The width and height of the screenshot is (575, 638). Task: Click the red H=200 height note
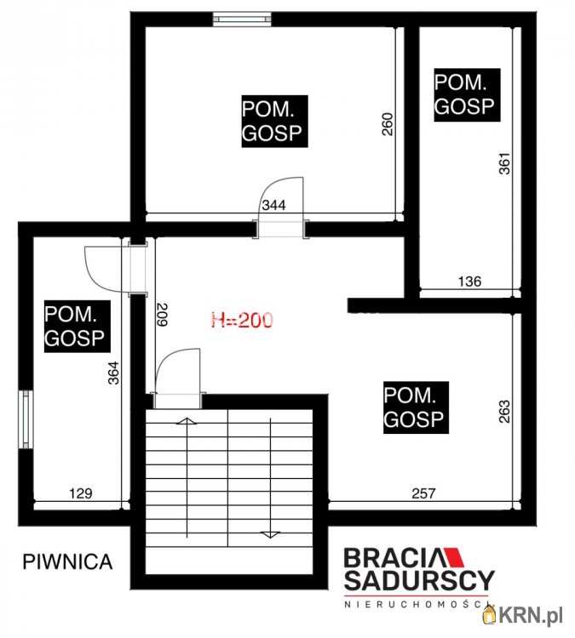pyautogui.click(x=242, y=320)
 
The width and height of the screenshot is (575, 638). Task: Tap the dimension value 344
pyautogui.click(x=273, y=205)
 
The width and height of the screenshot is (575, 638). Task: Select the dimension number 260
pyautogui.click(x=388, y=123)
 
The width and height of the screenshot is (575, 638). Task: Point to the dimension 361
pyautogui.click(x=504, y=163)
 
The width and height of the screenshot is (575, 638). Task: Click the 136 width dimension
pyautogui.click(x=469, y=282)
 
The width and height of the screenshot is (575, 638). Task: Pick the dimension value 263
pyautogui.click(x=504, y=412)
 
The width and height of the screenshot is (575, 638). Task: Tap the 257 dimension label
pyautogui.click(x=423, y=493)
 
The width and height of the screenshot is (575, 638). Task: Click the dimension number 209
pyautogui.click(x=162, y=314)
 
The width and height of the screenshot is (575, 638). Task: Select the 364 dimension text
pyautogui.click(x=113, y=373)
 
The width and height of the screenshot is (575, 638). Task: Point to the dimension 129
pyautogui.click(x=81, y=493)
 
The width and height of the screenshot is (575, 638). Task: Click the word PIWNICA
pyautogui.click(x=67, y=561)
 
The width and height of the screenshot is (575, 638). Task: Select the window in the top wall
pyautogui.click(x=242, y=19)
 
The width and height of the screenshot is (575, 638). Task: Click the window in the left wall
pyautogui.click(x=26, y=419)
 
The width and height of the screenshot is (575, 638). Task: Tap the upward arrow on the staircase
pyautogui.click(x=187, y=477)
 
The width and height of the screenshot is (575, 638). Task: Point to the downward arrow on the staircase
pyautogui.click(x=271, y=478)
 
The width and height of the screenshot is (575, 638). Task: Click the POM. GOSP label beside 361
pyautogui.click(x=467, y=94)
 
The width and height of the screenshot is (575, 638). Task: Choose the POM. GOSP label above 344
pyautogui.click(x=274, y=122)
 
